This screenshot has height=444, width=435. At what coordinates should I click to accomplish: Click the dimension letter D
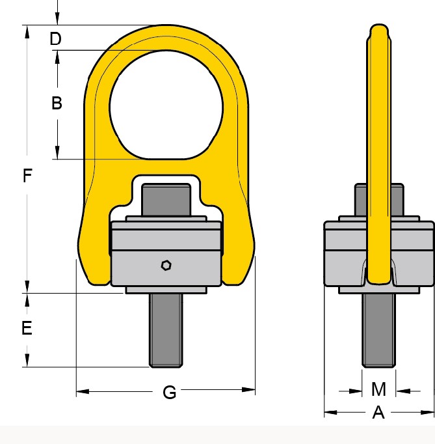pyautogui.click(x=55, y=38)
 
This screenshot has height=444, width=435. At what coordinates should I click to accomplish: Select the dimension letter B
pyautogui.click(x=57, y=103)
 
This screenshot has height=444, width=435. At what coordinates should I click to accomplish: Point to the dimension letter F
pyautogui.click(x=27, y=176)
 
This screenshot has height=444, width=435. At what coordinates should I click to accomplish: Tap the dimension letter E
pyautogui.click(x=27, y=328)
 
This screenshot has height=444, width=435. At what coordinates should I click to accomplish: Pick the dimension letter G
pyautogui.click(x=170, y=393)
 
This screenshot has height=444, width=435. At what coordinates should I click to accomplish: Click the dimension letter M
pyautogui.click(x=378, y=389)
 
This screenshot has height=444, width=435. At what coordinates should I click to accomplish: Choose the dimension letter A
pyautogui.click(x=378, y=412)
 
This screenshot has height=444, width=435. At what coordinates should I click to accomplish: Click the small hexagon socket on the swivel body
pyautogui.click(x=166, y=266)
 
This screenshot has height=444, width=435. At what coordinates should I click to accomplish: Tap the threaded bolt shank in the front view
pyautogui.click(x=166, y=331)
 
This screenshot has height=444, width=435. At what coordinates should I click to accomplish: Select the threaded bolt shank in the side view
pyautogui.click(x=378, y=331)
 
